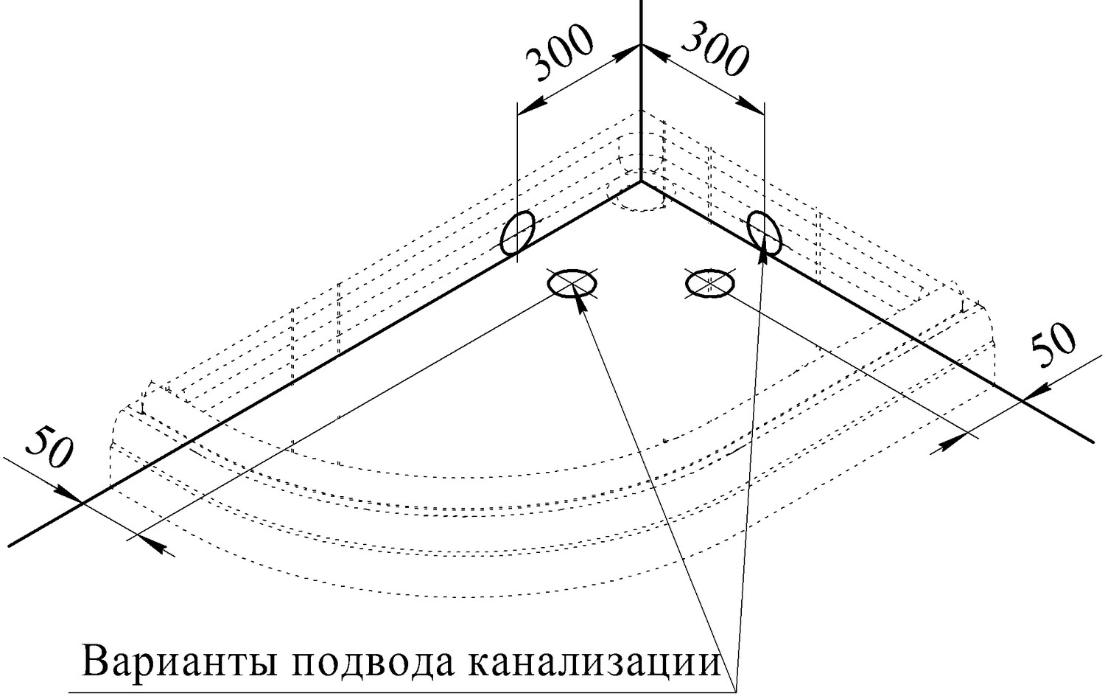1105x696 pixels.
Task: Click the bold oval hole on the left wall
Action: tap(517, 233)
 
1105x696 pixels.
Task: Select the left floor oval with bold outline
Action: tap(572, 282)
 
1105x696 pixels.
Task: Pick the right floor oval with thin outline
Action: tap(709, 282)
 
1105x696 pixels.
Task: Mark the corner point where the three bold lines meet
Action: tap(641, 180)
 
